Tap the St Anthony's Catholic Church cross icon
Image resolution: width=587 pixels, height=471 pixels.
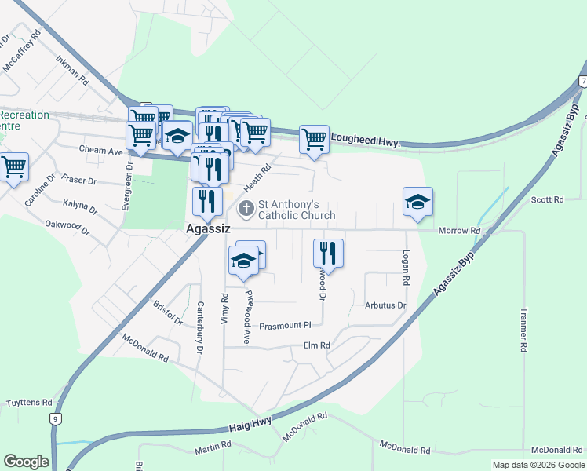pyautogui.click(x=246, y=209)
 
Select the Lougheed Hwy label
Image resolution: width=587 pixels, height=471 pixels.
pyautogui.click(x=365, y=140)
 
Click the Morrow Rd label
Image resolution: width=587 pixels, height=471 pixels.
pyautogui.click(x=459, y=230)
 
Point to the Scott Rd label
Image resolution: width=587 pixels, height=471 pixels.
pyautogui.click(x=547, y=200)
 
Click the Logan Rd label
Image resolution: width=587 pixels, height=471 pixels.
pyautogui.click(x=406, y=268)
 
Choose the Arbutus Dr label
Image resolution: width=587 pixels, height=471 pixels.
pyautogui.click(x=385, y=305)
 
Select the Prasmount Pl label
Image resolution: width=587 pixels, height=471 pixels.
pyautogui.click(x=286, y=325)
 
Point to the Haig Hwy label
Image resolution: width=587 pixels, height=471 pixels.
pyautogui.click(x=250, y=424)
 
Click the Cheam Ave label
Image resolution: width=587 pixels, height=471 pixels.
pyautogui.click(x=101, y=149)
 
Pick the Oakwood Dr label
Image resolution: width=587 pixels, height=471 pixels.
pyautogui.click(x=67, y=228)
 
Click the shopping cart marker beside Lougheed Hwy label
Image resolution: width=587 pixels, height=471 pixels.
pyautogui.click(x=314, y=140)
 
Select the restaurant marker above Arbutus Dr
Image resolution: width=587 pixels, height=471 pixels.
pyautogui.click(x=328, y=254)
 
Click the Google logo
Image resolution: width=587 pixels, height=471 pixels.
pyautogui.click(x=26, y=462)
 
